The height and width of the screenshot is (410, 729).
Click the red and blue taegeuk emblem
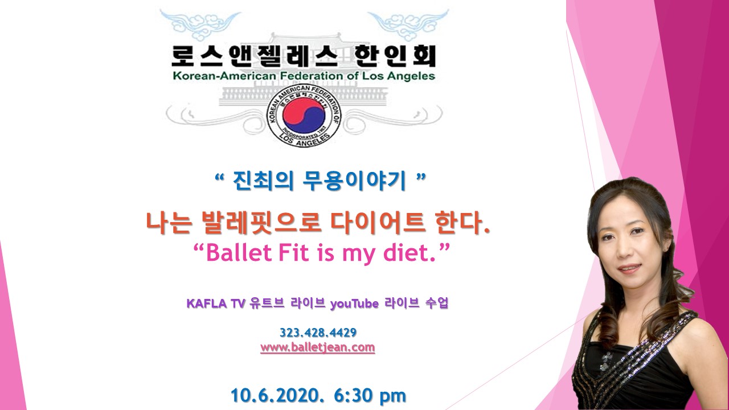304,115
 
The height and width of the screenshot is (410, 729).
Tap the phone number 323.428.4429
318,333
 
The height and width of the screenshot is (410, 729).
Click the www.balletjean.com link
318,347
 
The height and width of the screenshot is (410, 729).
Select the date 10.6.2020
277,395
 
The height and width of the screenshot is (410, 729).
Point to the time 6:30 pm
370,396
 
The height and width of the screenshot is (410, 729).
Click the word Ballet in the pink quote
239,253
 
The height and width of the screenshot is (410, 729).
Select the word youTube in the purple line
354,304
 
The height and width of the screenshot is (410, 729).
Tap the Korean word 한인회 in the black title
395,56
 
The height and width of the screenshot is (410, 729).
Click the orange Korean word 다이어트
378,223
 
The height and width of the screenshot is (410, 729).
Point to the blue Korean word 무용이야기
354,181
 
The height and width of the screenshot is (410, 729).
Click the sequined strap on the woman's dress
638,359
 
